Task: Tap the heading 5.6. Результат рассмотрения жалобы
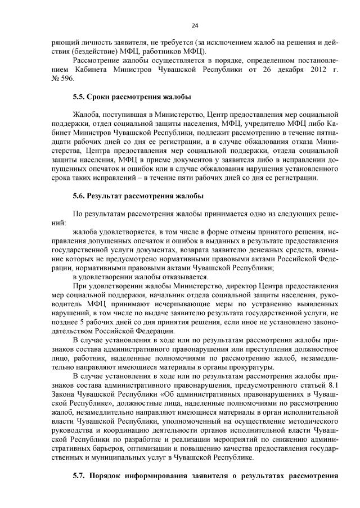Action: pos(138,196)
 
